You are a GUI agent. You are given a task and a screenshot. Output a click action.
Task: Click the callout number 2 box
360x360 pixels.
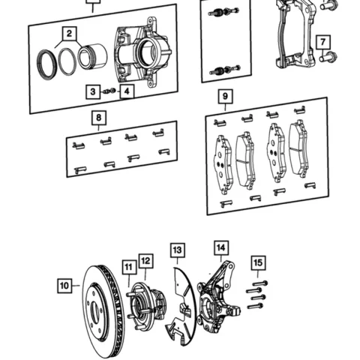[69, 34]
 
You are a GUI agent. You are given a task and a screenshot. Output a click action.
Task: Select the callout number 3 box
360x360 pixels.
[92, 91]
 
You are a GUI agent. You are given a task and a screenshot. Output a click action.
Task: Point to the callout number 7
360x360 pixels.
[322, 42]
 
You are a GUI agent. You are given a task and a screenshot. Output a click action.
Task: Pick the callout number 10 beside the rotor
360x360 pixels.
[65, 285]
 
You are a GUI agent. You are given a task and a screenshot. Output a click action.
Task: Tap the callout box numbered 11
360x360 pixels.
[128, 266]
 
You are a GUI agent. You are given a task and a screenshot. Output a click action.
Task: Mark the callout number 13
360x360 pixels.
[177, 250]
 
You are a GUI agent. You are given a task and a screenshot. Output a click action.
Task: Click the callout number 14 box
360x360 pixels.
[220, 247]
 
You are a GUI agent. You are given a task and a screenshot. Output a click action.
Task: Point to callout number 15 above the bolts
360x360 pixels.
[258, 262]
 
